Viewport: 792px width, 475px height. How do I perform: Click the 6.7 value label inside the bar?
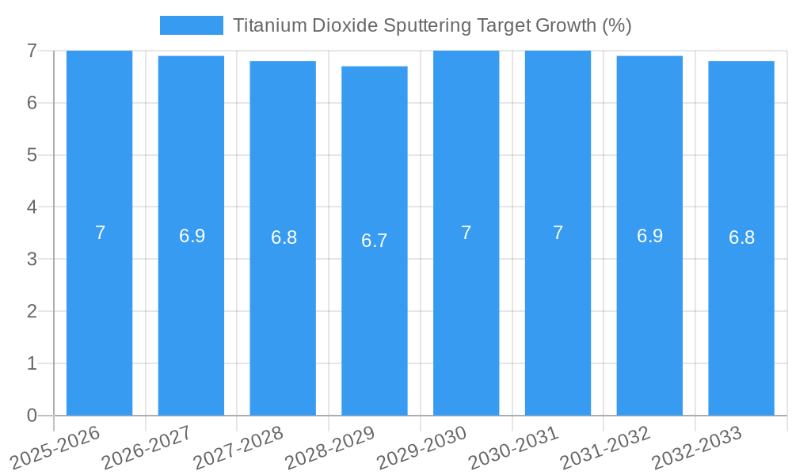pos(375,241)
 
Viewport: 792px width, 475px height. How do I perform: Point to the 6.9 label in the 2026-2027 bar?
pos(192,236)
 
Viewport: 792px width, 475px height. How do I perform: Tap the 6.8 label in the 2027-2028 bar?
pos(284,237)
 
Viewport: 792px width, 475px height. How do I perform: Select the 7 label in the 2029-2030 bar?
pos(466,233)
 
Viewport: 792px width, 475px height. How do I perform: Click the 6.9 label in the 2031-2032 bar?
pos(649,236)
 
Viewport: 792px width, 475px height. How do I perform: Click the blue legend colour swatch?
pos(192,25)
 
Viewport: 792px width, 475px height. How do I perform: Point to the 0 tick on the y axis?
pos(32,416)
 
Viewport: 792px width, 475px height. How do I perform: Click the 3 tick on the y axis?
pos(32,259)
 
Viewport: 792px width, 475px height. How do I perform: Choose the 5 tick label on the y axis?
pos(32,155)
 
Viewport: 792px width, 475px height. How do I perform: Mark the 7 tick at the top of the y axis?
pos(32,51)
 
